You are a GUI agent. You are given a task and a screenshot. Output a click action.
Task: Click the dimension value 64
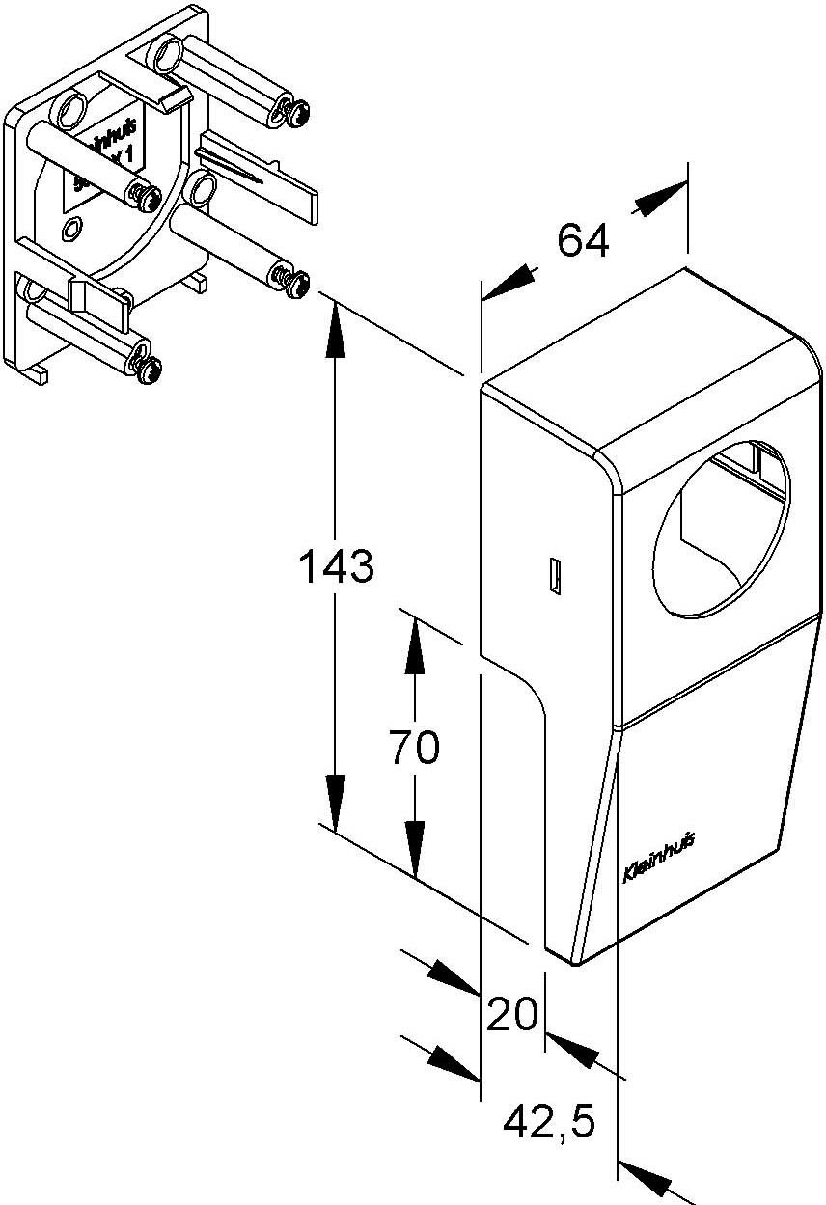click(x=583, y=240)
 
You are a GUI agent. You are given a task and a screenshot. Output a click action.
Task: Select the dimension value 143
click(x=335, y=567)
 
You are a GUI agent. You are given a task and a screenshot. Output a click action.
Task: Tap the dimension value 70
click(x=414, y=748)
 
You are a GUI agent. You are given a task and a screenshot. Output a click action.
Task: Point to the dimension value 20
click(x=511, y=1015)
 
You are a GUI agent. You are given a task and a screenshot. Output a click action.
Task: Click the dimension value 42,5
click(x=549, y=1122)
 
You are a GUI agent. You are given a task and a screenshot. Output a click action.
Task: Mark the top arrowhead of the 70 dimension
click(x=415, y=637)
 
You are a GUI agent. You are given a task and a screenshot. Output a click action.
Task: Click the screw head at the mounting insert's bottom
click(x=151, y=370)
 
